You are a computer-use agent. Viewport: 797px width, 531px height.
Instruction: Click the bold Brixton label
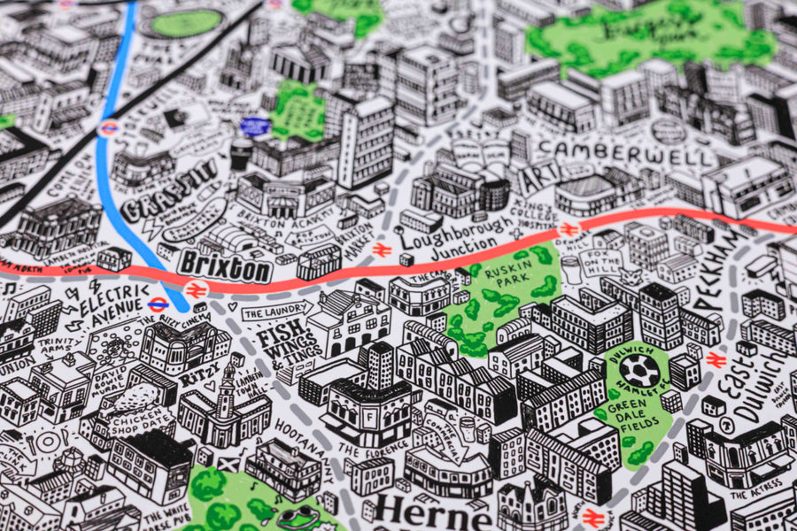(225, 265)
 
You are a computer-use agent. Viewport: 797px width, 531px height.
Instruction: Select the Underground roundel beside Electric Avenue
(159, 304)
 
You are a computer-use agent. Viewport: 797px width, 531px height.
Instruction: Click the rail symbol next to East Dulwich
(716, 359)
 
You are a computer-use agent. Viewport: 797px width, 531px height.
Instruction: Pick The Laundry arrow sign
(275, 312)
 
